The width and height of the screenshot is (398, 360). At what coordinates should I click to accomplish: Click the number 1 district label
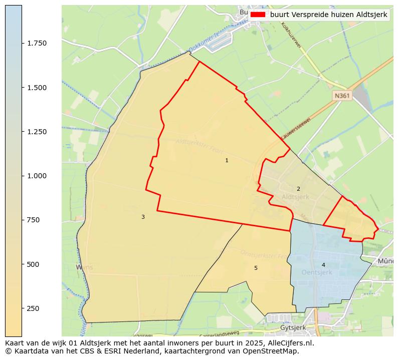click(x=227, y=161)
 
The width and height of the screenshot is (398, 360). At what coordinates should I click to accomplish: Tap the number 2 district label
click(x=298, y=189)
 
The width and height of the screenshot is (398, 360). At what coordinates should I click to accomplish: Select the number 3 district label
click(x=143, y=217)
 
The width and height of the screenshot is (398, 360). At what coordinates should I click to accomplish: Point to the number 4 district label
click(x=323, y=265)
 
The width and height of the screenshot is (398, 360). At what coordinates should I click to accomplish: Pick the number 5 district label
click(x=256, y=268)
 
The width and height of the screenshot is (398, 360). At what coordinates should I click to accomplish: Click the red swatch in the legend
click(x=257, y=15)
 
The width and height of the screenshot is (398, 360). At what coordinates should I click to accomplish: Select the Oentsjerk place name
click(x=317, y=272)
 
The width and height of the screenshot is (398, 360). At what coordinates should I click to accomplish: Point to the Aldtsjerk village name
click(x=295, y=197)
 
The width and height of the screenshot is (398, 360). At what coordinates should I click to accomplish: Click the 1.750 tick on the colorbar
click(x=37, y=44)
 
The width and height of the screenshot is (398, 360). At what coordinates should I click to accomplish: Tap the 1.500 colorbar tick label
click(x=37, y=88)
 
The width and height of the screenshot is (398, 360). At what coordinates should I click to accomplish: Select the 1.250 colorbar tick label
click(x=37, y=132)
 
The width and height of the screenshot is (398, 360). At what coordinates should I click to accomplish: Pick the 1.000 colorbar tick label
click(x=37, y=176)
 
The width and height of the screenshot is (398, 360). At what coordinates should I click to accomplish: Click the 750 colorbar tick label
click(x=33, y=220)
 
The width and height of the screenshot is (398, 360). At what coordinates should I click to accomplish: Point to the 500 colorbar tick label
click(x=33, y=264)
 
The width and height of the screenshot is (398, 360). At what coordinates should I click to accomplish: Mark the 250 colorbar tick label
click(x=33, y=308)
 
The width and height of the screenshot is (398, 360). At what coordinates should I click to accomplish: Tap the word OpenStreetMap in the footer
click(x=272, y=351)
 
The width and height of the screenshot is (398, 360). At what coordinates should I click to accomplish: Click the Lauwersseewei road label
click(x=296, y=129)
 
